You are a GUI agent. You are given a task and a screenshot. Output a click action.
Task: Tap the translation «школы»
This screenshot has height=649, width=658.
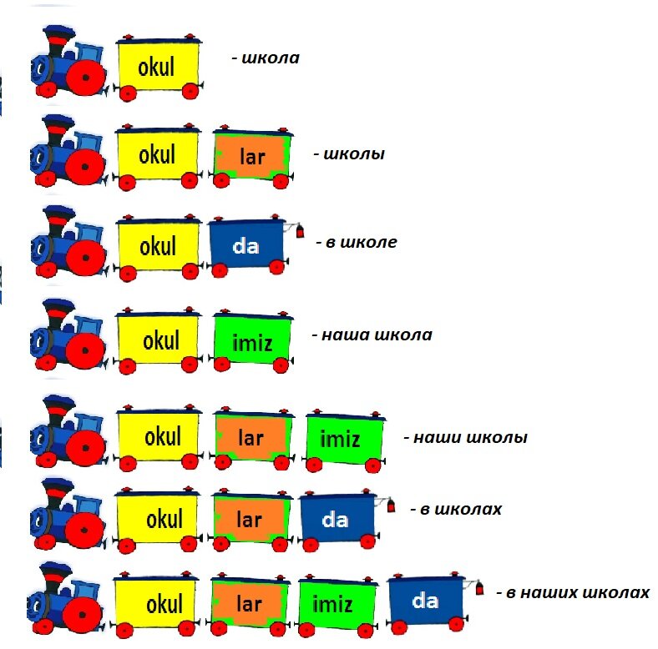(352, 154)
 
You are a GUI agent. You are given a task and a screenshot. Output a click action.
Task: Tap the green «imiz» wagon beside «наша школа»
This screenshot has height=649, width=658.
(251, 340)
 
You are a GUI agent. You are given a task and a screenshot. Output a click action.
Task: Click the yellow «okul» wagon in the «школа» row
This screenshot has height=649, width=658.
(157, 67)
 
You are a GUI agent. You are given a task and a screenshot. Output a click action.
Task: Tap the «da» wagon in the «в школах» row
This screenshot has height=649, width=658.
(336, 519)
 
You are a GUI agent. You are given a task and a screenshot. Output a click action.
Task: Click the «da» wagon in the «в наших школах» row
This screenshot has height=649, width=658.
(426, 600)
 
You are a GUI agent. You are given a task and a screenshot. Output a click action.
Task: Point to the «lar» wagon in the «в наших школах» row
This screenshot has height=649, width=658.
(250, 603)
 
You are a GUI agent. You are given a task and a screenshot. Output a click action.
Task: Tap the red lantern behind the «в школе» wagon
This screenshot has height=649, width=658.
(300, 231)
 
